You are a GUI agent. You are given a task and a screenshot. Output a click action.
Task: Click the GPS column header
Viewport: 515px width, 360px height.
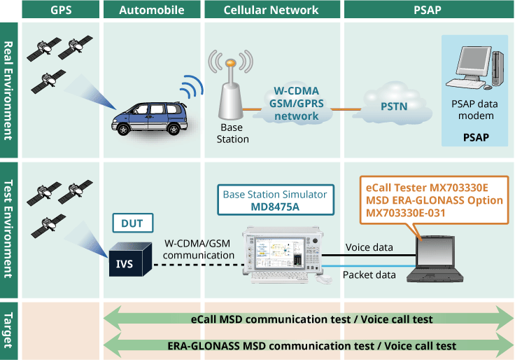(61, 10)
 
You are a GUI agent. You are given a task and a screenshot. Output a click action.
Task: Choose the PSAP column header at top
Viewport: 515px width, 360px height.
(427, 10)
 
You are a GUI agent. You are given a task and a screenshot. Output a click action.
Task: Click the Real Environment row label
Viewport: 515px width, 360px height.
(9, 90)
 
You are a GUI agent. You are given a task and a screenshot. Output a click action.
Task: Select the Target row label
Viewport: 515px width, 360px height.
(9, 328)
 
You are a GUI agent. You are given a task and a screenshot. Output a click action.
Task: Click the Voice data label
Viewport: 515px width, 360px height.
(369, 247)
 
